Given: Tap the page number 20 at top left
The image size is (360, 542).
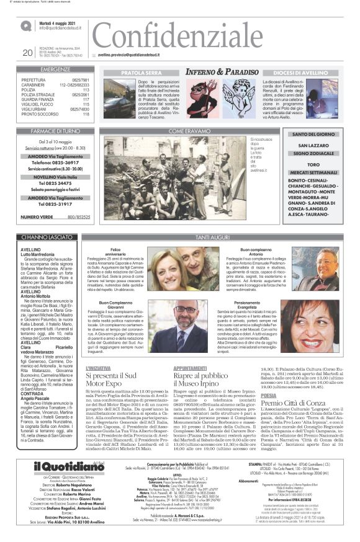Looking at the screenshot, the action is tap(27, 53).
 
